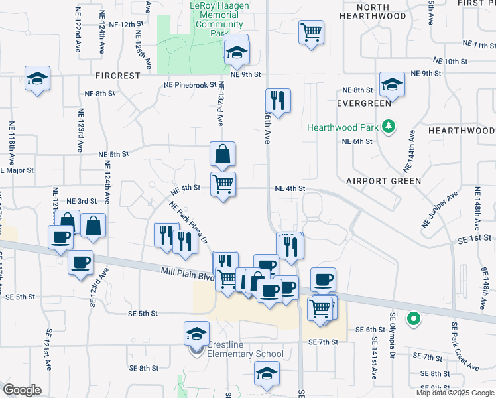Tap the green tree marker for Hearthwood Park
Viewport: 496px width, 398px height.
(391, 126)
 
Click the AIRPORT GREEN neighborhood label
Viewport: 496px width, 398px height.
(383, 180)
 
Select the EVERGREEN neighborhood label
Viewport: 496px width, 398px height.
(363, 103)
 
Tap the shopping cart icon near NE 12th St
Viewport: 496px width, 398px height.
(312, 32)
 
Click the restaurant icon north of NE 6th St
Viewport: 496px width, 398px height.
(278, 101)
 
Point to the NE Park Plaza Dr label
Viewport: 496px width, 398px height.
(189, 222)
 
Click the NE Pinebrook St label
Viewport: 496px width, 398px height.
(190, 85)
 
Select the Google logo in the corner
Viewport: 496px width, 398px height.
(22, 390)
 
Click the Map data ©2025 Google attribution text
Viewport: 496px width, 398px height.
(454, 393)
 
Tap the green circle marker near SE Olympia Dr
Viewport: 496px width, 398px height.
(414, 320)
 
